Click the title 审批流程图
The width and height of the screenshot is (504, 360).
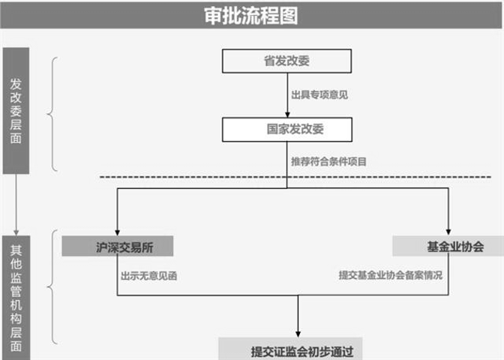[251, 15]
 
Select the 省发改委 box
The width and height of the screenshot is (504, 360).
[285, 61]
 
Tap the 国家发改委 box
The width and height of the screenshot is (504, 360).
[285, 129]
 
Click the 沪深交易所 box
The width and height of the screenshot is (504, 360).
[118, 246]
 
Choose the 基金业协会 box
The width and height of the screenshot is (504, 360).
[448, 246]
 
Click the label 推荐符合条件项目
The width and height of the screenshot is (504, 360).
[329, 161]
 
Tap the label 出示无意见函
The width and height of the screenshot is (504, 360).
[148, 275]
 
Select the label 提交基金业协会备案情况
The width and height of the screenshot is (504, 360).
[390, 275]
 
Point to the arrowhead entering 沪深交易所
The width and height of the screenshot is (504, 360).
[117, 231]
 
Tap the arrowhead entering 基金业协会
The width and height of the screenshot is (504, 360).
[448, 231]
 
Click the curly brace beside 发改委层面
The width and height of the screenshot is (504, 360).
[52, 114]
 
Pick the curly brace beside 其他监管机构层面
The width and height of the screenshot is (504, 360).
[52, 289]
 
